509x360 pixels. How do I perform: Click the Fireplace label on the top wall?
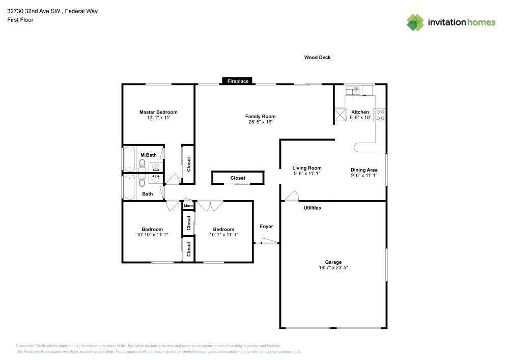click(238, 81)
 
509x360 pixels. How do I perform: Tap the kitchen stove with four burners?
click(380, 115)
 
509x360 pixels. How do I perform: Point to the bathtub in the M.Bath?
click(130, 159)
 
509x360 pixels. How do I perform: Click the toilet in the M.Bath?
click(143, 164)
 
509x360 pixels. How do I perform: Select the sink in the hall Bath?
click(156, 179)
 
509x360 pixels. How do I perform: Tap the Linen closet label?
click(188, 206)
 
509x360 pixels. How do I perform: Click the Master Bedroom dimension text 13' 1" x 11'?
click(158, 118)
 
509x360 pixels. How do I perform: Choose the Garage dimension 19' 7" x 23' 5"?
click(333, 267)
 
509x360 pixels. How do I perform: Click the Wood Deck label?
click(317, 58)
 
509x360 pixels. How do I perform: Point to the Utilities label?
click(312, 208)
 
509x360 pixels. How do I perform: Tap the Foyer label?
click(266, 227)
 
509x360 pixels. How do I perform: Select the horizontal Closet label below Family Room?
click(238, 178)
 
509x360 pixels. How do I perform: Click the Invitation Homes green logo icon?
click(415, 22)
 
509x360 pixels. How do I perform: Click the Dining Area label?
click(363, 170)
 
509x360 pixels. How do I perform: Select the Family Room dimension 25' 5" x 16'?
click(260, 122)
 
